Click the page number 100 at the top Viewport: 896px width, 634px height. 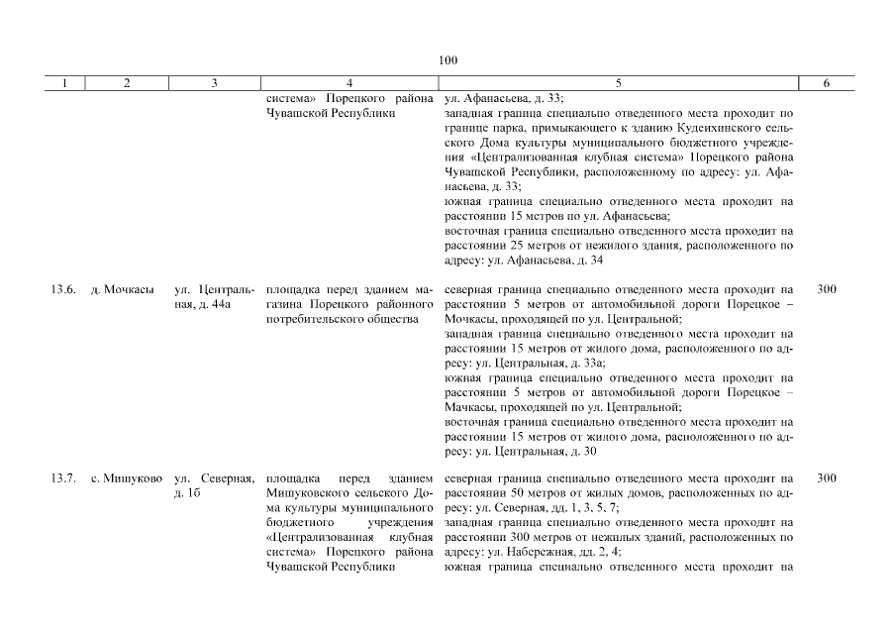(x=448, y=60)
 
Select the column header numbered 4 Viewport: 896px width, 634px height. (x=350, y=84)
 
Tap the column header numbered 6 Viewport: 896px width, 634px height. (x=827, y=84)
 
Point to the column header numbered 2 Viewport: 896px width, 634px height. (x=127, y=84)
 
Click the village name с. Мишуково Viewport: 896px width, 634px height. (x=127, y=478)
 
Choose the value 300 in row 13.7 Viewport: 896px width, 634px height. (x=827, y=478)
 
